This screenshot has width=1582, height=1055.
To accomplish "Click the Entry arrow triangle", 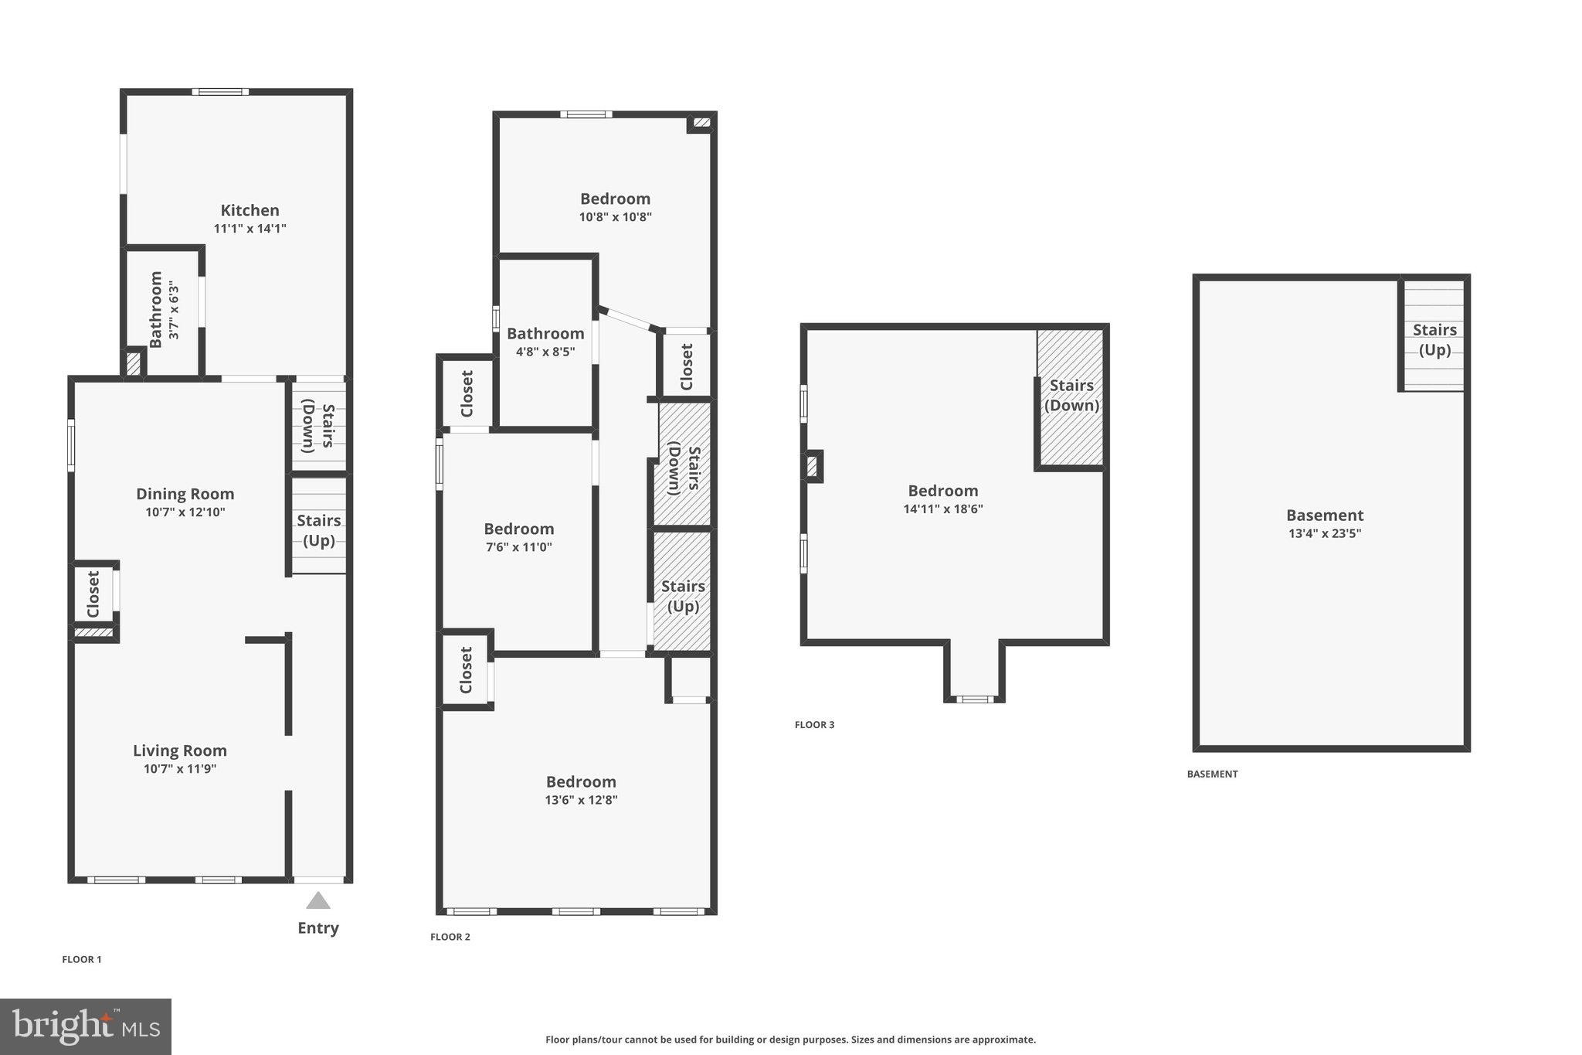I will [317, 900].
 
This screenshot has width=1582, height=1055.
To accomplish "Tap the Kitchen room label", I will [250, 210].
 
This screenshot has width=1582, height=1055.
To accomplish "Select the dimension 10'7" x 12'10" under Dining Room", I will [185, 512].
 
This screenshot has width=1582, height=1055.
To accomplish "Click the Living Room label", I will [180, 750].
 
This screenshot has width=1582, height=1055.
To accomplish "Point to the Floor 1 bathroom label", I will [155, 309].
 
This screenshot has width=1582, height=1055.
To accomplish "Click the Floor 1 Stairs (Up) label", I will [319, 530].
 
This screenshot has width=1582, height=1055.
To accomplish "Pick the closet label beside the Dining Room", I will [93, 594].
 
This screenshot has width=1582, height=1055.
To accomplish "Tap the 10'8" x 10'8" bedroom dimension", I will [615, 217].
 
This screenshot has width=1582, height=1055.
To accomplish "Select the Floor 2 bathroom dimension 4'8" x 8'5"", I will [545, 352].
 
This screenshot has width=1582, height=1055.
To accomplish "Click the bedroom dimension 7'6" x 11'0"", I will [518, 547].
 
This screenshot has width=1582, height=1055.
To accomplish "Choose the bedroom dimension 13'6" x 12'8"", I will [581, 800].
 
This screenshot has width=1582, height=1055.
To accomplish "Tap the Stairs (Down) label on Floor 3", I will [1071, 395].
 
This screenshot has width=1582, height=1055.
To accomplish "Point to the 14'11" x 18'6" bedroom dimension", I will [942, 509].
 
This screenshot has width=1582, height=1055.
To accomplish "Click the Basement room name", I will [1324, 515].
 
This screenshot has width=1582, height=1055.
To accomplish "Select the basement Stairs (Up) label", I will [1434, 339].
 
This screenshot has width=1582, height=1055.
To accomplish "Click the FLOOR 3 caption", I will [814, 724].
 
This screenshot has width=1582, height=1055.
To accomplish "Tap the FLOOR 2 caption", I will [450, 937].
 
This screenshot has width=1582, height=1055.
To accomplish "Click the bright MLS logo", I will [85, 1026].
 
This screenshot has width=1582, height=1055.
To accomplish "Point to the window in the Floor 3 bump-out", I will [975, 699].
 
